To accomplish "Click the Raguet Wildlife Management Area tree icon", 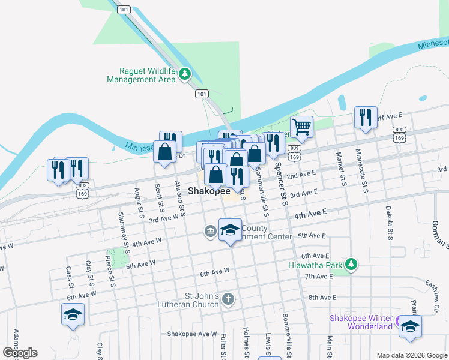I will point(185,74).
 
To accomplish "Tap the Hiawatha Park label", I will point(315,265).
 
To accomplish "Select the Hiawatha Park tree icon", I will point(351,264).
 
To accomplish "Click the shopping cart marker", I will point(301,127).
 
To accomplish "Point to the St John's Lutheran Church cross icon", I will point(228,299).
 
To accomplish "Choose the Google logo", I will point(20,352).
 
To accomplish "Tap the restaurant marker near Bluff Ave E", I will point(365,118).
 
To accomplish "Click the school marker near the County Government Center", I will point(230,231).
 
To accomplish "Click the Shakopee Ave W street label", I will point(192,334).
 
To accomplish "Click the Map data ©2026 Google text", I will point(411,355).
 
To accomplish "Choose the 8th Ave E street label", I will point(322,298).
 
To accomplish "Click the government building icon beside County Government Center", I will point(211,231).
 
